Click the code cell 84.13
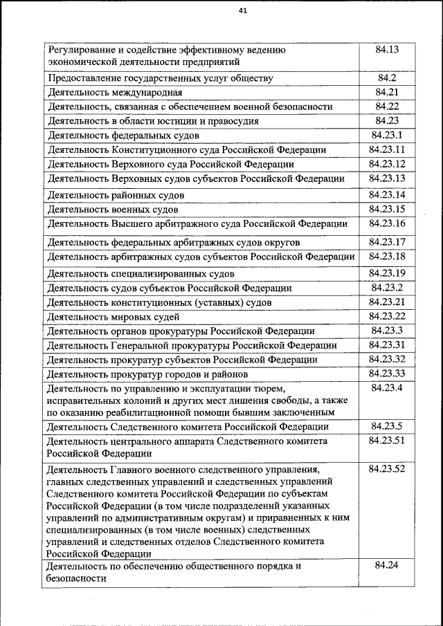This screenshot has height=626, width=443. [x=387, y=50]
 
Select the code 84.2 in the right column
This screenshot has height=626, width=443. [x=387, y=77]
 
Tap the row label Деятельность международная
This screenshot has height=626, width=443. [x=114, y=92]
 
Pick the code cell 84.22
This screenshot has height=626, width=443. [x=387, y=106]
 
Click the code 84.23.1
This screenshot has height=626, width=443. [x=387, y=135]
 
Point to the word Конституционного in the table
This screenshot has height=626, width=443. [x=148, y=149]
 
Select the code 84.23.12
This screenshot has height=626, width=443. [x=387, y=164]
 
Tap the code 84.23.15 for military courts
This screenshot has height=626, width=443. [x=387, y=208]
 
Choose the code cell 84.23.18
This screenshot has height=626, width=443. [x=387, y=256]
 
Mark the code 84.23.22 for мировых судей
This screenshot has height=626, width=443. [x=387, y=316]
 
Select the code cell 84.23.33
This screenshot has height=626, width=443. [x=387, y=374]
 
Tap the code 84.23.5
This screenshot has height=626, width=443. [x=387, y=425]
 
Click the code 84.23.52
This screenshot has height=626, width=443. [x=387, y=468]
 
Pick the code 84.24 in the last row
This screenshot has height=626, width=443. [x=387, y=565]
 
